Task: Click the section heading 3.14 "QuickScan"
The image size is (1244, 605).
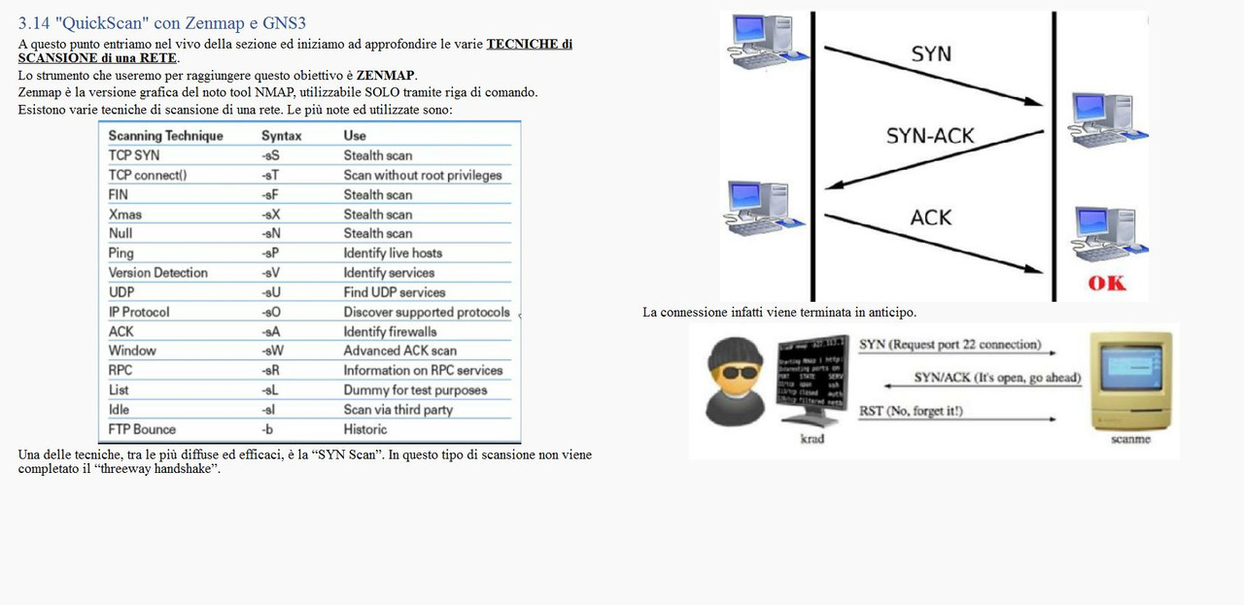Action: pyautogui.click(x=162, y=23)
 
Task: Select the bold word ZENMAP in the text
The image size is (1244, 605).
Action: pyautogui.click(x=386, y=75)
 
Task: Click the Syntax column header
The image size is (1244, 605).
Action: pyautogui.click(x=281, y=136)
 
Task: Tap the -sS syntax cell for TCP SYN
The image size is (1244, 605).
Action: pyautogui.click(x=270, y=155)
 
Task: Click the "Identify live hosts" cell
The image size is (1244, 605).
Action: pyautogui.click(x=393, y=252)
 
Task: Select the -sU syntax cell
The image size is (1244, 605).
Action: pyautogui.click(x=271, y=292)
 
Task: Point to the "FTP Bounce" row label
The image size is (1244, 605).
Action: pyautogui.click(x=142, y=429)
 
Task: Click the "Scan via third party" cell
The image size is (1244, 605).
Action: pyautogui.click(x=397, y=410)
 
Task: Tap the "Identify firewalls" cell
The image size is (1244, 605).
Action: pyautogui.click(x=390, y=331)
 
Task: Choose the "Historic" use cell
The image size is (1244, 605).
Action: pyautogui.click(x=364, y=429)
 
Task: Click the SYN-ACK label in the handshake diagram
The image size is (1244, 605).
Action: pyautogui.click(x=929, y=136)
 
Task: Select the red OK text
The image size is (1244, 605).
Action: pyautogui.click(x=1106, y=283)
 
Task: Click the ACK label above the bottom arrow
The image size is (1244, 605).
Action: pyautogui.click(x=930, y=218)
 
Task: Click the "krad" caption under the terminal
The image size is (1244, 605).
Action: pyautogui.click(x=812, y=439)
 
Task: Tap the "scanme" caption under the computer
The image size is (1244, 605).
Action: pyautogui.click(x=1130, y=439)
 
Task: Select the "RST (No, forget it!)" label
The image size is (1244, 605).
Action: pyautogui.click(x=910, y=411)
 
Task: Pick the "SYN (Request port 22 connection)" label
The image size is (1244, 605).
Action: pyautogui.click(x=950, y=345)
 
